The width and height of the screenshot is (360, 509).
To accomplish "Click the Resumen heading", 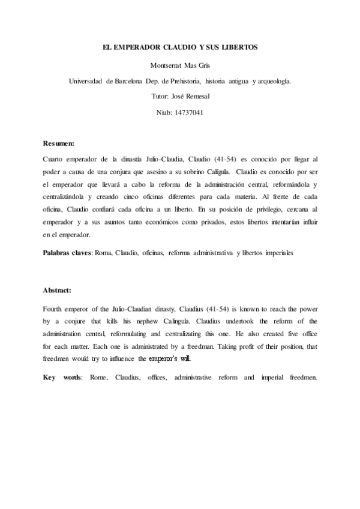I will pos(59,144).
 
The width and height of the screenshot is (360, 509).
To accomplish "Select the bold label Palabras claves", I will pos(65,254).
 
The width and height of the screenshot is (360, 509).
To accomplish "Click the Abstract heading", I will pos(57,290).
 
